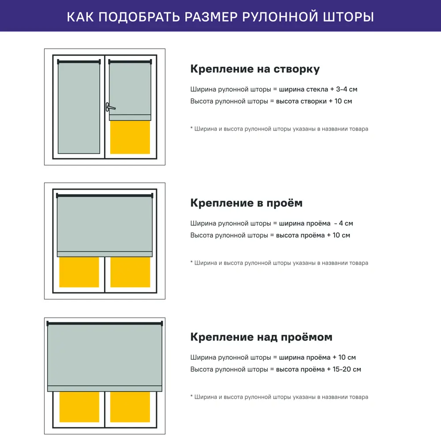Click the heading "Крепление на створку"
pos(255,69)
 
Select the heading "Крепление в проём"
pos(246,203)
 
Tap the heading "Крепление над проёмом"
pos(261,337)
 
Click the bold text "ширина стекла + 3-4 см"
pos(318,90)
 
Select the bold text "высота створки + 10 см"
pos(314,101)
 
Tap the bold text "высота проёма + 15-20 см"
pos(318,370)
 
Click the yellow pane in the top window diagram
pos(130,137)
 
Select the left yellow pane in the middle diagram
pos(79,272)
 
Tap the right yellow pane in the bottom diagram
pos(130,407)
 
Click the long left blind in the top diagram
pos(79,108)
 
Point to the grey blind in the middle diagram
pos(105,224)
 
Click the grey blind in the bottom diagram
pos(105,355)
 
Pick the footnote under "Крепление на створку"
pos(279,129)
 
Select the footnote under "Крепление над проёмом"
pos(279,397)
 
